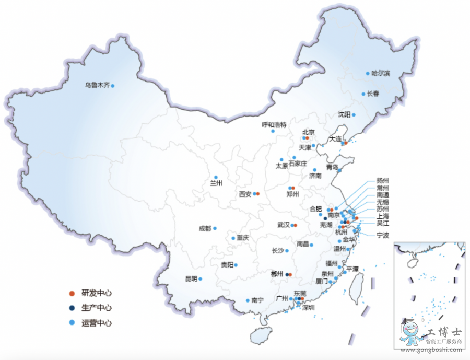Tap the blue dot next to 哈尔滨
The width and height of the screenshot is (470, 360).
[x=368, y=73]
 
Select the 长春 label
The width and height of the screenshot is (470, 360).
[x=373, y=94]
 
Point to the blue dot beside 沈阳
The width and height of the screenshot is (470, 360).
[x=354, y=114]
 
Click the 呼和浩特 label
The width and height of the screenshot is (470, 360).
[x=274, y=125]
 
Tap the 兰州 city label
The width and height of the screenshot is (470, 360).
[x=216, y=183]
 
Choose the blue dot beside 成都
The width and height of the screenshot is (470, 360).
[x=215, y=228]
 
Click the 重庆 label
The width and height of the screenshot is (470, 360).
[x=243, y=238]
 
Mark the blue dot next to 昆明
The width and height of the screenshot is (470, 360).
[x=200, y=279]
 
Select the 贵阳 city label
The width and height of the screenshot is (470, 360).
[x=227, y=265]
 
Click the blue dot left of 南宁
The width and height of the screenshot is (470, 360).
[x=248, y=300]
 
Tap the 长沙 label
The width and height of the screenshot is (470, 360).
[x=278, y=251]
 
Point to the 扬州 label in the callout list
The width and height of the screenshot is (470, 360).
[x=383, y=180]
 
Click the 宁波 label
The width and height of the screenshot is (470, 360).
[x=383, y=235]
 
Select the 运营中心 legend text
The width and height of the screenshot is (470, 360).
[x=96, y=323]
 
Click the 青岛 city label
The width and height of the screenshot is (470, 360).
[x=332, y=167]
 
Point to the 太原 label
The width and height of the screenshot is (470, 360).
[x=281, y=166]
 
